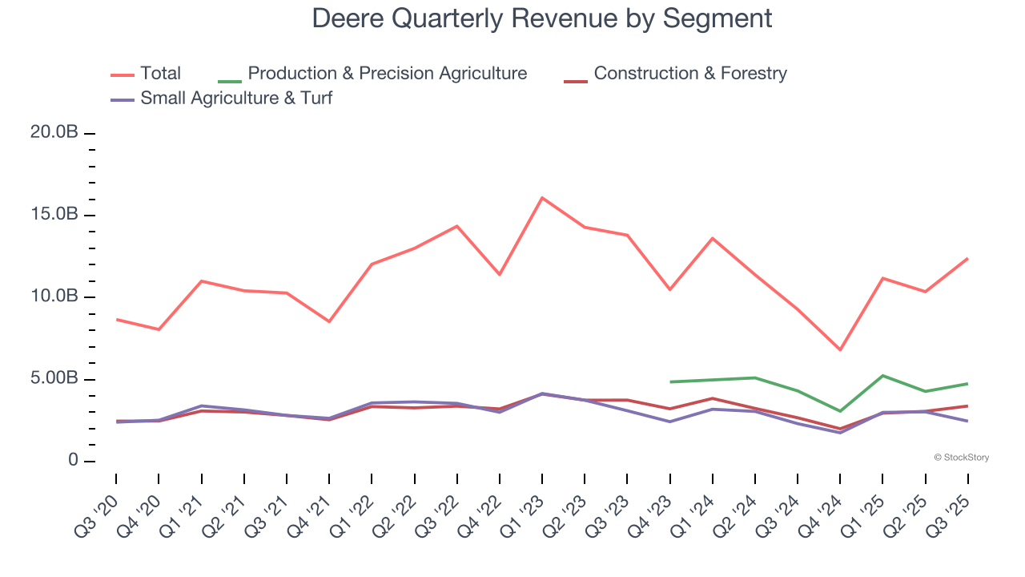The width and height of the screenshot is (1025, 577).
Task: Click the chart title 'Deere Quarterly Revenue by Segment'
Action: click(542, 18)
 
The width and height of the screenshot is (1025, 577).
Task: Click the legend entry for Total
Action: click(160, 74)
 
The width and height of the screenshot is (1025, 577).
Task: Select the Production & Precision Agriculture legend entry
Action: click(387, 74)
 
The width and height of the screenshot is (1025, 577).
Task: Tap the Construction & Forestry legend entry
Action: click(689, 74)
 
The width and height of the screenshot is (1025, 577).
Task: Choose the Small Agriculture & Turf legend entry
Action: click(235, 99)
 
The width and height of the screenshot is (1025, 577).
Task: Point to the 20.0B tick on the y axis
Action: click(54, 133)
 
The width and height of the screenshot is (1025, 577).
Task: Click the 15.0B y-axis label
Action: click(54, 215)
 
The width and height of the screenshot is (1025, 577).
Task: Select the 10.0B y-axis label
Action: click(54, 297)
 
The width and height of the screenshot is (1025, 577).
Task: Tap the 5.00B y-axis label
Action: click(54, 378)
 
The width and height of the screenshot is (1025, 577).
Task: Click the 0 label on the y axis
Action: click(73, 461)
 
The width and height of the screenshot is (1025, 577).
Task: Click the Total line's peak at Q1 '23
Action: click(542, 197)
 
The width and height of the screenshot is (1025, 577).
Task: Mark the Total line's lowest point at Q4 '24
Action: click(840, 349)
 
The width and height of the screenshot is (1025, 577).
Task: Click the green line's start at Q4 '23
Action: click(670, 381)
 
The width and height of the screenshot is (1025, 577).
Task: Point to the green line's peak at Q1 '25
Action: click(882, 375)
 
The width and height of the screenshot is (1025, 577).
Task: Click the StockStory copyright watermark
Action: click(961, 458)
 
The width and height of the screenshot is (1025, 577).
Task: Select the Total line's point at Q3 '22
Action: click(457, 226)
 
